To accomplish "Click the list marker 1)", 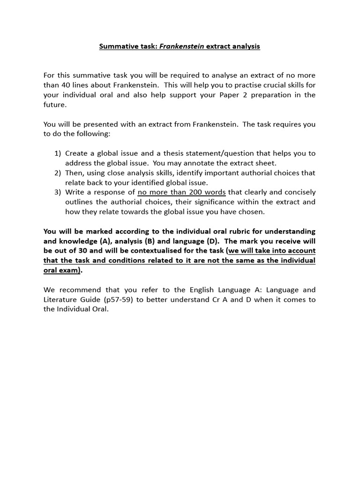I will tap(58, 153).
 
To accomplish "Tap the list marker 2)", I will tap(58, 173).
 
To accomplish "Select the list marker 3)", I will tap(58, 192).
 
